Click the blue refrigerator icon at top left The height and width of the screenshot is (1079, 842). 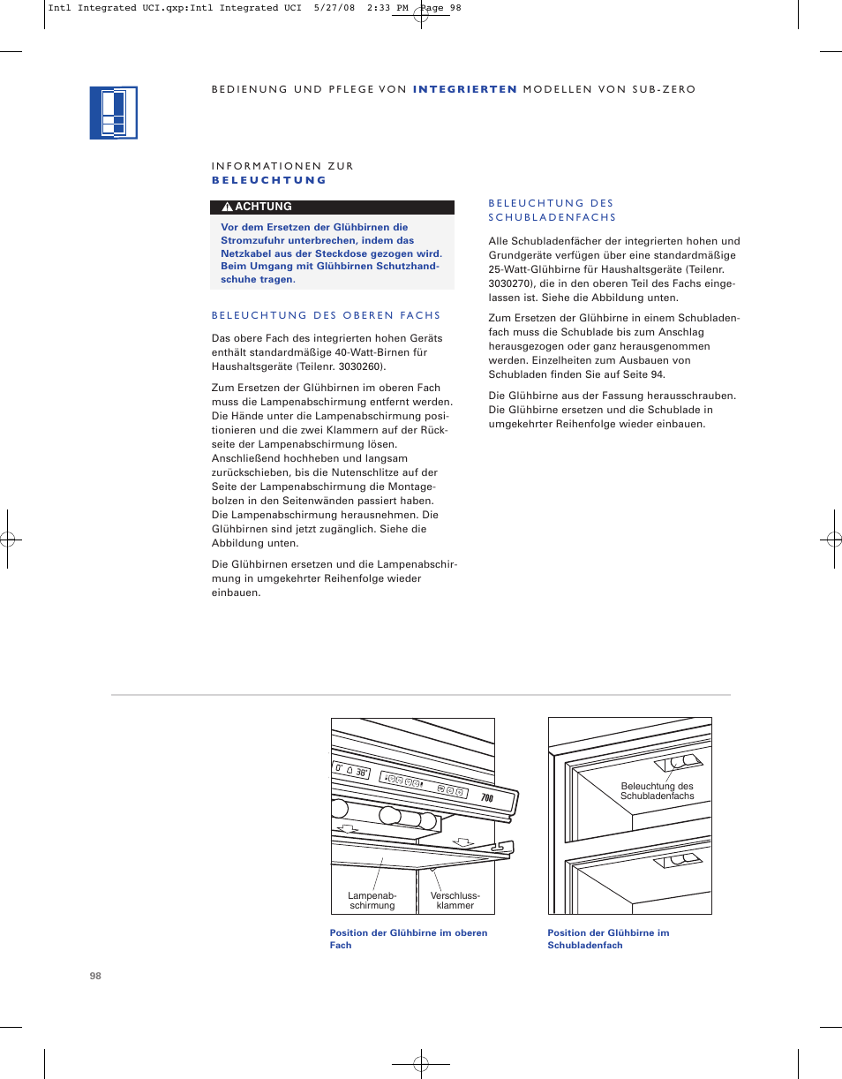coord(114,113)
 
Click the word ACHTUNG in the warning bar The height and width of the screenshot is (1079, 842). coord(263,207)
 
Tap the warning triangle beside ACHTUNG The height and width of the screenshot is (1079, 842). coord(227,207)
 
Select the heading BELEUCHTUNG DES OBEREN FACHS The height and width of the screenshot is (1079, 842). coord(326,315)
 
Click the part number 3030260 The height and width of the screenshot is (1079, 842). coord(363,366)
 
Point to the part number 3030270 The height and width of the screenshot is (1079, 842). coord(508,283)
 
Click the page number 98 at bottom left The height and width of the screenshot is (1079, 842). coord(95,976)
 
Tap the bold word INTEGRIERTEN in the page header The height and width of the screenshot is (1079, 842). coord(464,89)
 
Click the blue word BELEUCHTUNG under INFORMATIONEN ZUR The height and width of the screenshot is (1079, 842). coord(269,180)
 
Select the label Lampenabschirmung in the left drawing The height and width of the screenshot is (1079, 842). coord(372,901)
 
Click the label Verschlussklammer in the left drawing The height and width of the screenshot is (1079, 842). coord(455,901)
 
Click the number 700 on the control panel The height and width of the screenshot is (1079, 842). coord(486,797)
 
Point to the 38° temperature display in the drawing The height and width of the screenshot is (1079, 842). coord(361,772)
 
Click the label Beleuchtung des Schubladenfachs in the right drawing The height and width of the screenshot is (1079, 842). coord(658,791)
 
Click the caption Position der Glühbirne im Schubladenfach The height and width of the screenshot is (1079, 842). coord(607,939)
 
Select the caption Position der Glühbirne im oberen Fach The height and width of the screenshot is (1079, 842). coord(408,939)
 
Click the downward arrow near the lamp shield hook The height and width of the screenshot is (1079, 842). coord(462,841)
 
